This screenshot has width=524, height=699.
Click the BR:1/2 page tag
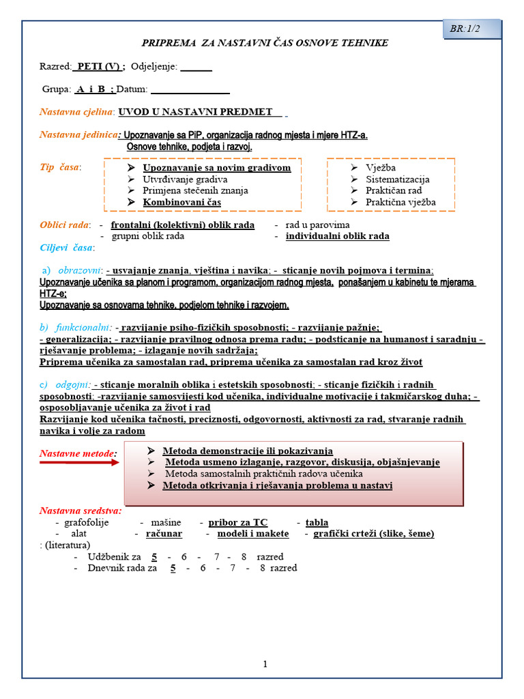coord(465,29)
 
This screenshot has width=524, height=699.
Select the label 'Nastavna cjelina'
coord(76,112)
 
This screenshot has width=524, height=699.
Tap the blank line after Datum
coord(190,89)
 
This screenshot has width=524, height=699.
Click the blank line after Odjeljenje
coord(196,67)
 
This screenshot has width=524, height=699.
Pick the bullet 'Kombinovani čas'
coord(181,202)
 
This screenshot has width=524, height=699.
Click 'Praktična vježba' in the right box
coord(400,202)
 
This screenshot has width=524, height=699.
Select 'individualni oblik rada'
coord(337,236)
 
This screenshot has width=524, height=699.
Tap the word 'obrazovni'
coord(80,270)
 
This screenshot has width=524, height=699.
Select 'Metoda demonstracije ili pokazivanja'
coord(247,451)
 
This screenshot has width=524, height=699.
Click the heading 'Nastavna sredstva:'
coord(81,511)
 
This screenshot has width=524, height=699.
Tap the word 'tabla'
coord(317,523)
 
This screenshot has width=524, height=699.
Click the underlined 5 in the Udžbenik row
coord(154,557)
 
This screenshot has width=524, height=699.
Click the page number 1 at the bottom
coord(265,664)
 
